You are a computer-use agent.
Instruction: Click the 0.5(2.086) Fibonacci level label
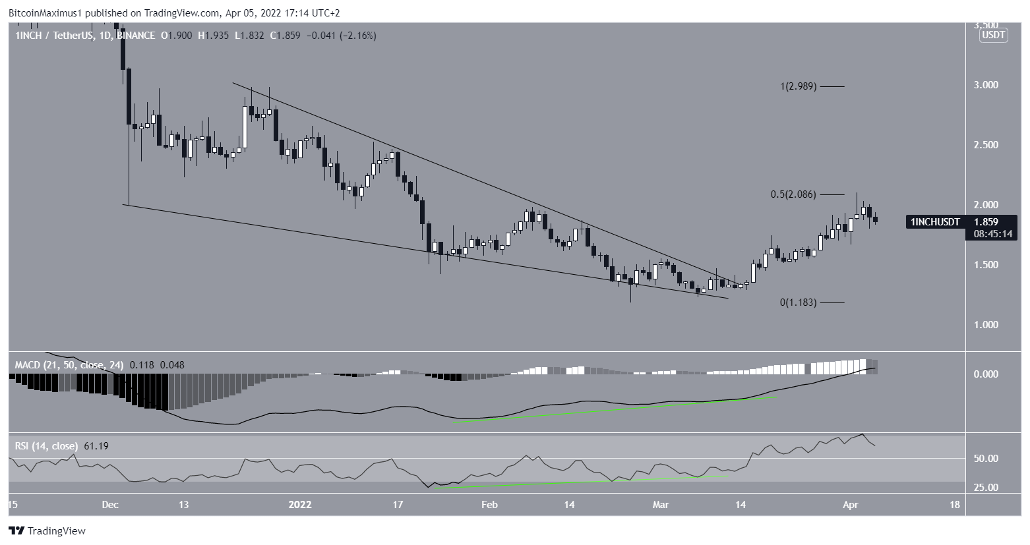(793, 194)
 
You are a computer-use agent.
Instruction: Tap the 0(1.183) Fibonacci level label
(798, 302)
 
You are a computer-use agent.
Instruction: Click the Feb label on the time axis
(489, 505)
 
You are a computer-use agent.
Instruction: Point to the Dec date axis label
(110, 505)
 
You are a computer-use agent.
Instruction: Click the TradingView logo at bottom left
(47, 531)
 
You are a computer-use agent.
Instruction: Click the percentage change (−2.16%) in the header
(358, 36)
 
